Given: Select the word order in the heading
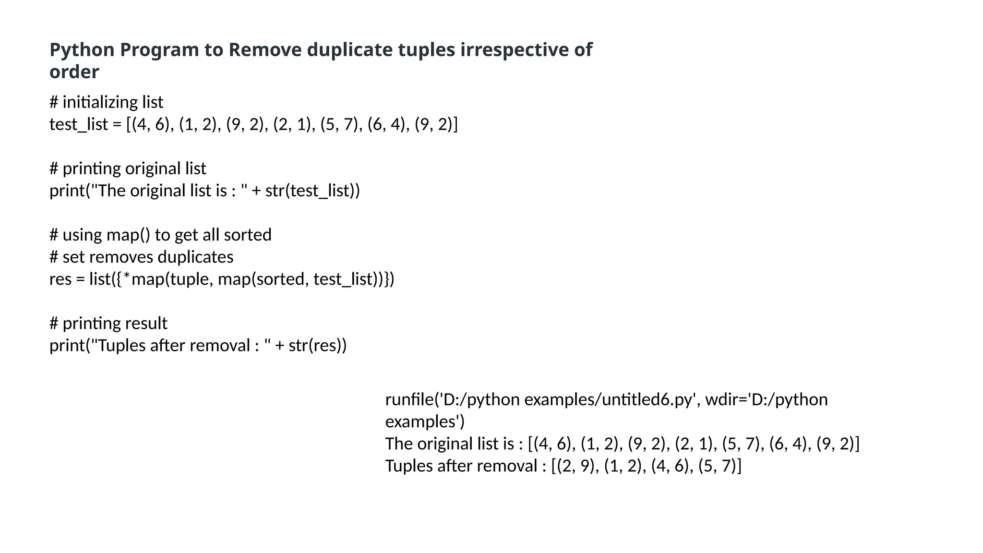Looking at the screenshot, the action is coord(74,72).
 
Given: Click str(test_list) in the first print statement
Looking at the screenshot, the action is coord(312,191).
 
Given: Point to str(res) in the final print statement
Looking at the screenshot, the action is coord(317,345).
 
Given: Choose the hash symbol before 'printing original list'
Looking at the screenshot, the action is coord(54,168).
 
